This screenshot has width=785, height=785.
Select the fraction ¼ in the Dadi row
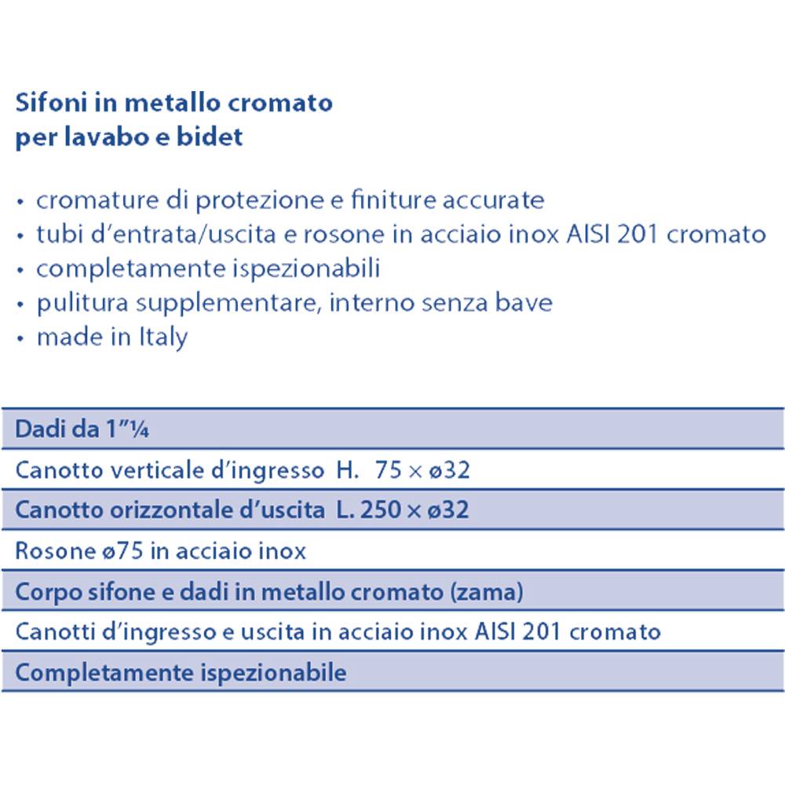(141, 430)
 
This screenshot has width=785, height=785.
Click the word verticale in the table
(132, 470)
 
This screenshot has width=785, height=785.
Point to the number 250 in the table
(377, 510)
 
